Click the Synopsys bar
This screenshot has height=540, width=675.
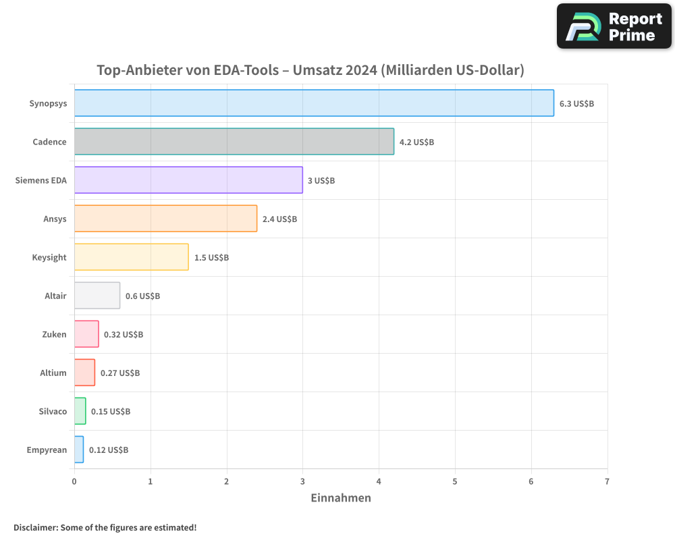pos(314,103)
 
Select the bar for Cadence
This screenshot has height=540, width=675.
pos(234,142)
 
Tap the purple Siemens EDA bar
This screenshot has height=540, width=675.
pos(188,180)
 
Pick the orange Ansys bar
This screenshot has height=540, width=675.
pos(165,219)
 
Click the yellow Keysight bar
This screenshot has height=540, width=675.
pos(131,257)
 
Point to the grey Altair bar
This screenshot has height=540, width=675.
pos(97,296)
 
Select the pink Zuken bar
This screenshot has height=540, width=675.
pos(86,334)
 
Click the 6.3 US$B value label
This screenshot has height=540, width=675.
pos(576,103)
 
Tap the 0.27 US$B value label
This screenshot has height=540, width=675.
pos(120,373)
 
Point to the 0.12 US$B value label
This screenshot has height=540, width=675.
pos(109,450)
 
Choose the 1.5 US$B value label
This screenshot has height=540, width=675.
pos(211,257)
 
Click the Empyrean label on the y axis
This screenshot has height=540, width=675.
pos(47,450)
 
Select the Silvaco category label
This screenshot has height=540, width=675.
pos(53,411)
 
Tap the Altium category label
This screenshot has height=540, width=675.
pos(53,373)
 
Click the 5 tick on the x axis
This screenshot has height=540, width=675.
pos(455,481)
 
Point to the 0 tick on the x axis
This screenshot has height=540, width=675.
pos(74,481)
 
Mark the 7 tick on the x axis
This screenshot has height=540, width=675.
pos(607,481)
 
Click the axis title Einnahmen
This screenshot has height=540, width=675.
pos(341,498)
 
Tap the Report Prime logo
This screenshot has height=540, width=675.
pos(614,26)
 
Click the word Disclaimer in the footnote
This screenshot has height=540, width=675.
pos(34,527)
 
